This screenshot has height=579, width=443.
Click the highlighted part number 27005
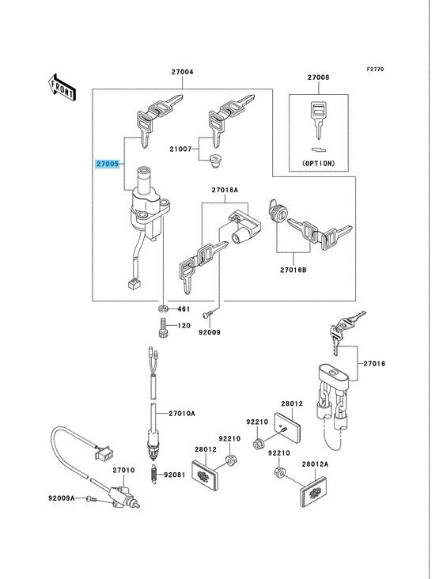click(x=108, y=164)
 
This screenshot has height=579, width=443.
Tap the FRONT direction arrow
click(x=62, y=88)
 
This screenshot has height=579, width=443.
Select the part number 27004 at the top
click(x=182, y=72)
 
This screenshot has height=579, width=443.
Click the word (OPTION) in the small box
click(x=319, y=163)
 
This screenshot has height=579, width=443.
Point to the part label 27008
click(x=319, y=78)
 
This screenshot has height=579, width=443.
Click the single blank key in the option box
click(x=319, y=120)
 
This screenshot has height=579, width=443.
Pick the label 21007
click(x=180, y=149)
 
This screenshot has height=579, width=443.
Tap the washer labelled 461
click(x=163, y=308)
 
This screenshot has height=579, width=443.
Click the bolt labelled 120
click(x=163, y=327)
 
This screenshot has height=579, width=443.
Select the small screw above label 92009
click(x=207, y=314)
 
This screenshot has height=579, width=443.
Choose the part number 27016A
click(x=225, y=190)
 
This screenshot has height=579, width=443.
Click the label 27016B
click(x=293, y=270)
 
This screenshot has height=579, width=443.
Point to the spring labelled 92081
click(x=154, y=473)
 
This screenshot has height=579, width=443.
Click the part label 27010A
click(x=182, y=414)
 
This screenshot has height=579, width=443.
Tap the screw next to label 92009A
click(x=91, y=499)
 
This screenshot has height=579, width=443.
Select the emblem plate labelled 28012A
click(x=313, y=491)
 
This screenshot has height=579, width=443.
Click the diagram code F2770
click(x=375, y=69)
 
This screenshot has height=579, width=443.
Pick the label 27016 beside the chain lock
click(x=374, y=364)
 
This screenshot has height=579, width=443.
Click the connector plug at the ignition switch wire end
click(x=134, y=284)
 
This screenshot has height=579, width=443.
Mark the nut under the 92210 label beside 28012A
click(x=279, y=472)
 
